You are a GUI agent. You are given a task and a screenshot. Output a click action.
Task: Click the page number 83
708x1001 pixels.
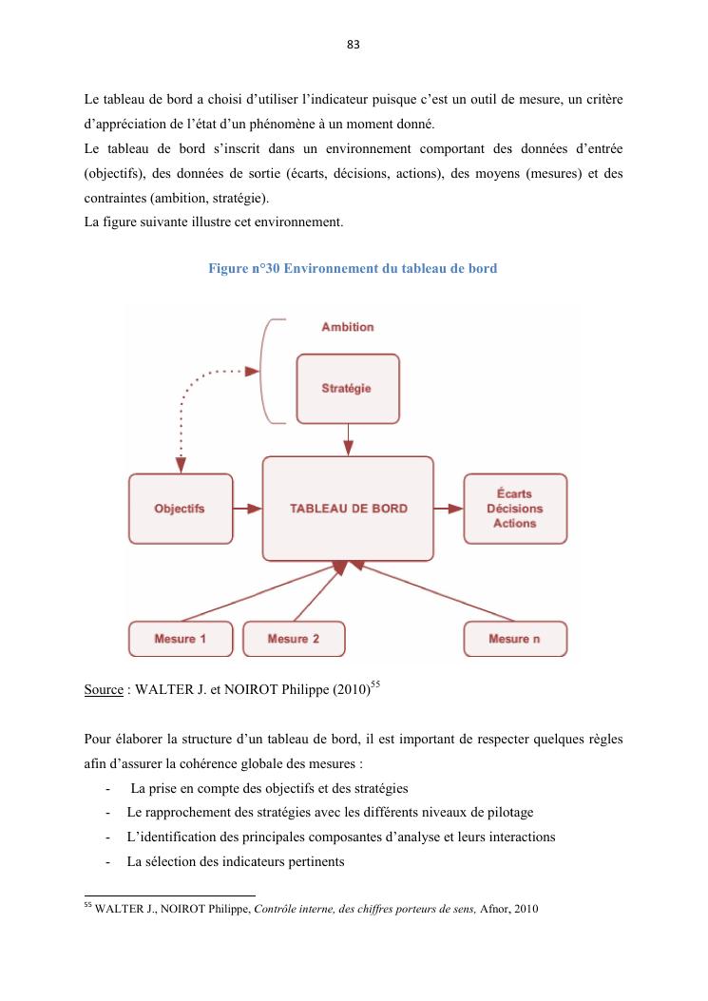tap(354, 45)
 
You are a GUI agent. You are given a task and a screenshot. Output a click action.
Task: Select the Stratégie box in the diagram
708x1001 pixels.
tap(347, 388)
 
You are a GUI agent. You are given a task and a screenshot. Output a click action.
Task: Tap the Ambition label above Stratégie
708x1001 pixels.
tap(347, 327)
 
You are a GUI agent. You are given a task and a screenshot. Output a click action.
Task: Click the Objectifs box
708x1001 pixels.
tap(180, 509)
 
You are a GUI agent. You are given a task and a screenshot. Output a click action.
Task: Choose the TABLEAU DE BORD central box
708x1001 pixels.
tap(348, 509)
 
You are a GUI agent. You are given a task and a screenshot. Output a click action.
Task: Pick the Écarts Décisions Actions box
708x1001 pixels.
tap(514, 509)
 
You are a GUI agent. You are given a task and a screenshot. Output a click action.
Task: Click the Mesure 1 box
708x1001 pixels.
tap(180, 639)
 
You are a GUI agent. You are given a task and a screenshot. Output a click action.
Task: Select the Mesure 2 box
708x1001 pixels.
tap(294, 639)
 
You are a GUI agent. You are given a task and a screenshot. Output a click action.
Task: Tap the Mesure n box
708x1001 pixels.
tap(514, 639)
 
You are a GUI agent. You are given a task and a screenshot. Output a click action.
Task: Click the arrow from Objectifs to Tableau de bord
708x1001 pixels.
tap(247, 509)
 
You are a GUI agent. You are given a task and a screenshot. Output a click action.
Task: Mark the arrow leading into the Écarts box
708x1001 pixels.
tap(448, 509)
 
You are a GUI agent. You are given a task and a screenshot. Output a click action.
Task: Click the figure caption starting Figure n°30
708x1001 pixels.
tap(353, 269)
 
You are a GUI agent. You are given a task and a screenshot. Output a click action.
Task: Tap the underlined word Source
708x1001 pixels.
tap(104, 691)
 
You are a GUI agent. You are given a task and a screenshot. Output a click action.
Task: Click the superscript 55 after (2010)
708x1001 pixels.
tap(376, 684)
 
